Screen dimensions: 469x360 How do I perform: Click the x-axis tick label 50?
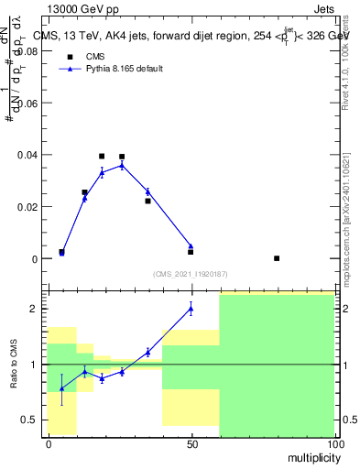click(x=191, y=444)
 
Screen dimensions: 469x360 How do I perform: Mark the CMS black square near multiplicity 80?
click(x=277, y=258)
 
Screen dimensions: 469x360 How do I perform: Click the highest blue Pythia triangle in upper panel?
click(x=122, y=165)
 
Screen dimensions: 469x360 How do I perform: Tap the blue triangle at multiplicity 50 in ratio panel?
click(x=191, y=308)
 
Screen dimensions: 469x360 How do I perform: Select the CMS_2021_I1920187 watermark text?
click(x=191, y=273)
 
